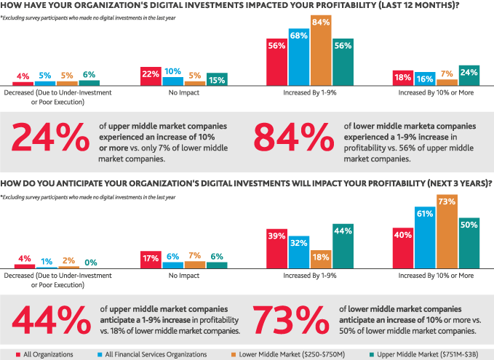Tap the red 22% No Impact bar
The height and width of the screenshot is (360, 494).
(x=151, y=77)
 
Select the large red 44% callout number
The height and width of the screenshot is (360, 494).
(x=49, y=317)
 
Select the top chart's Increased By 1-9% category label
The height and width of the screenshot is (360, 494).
(x=309, y=94)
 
